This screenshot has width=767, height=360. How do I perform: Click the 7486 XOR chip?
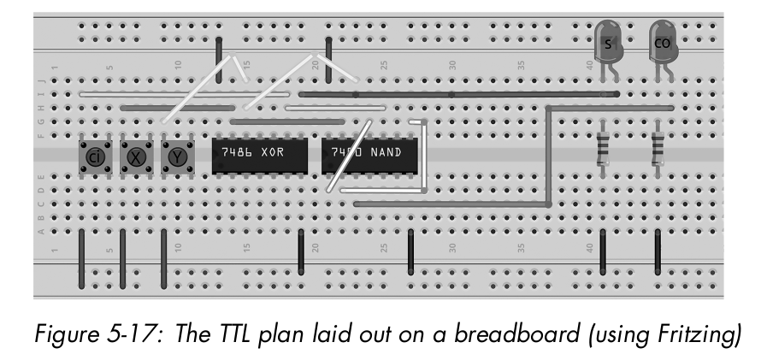[x=257, y=156]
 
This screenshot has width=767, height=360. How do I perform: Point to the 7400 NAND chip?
[x=371, y=156]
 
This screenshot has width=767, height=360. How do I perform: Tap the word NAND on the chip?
[x=391, y=153]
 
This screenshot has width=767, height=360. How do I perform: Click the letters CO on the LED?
[x=662, y=43]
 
